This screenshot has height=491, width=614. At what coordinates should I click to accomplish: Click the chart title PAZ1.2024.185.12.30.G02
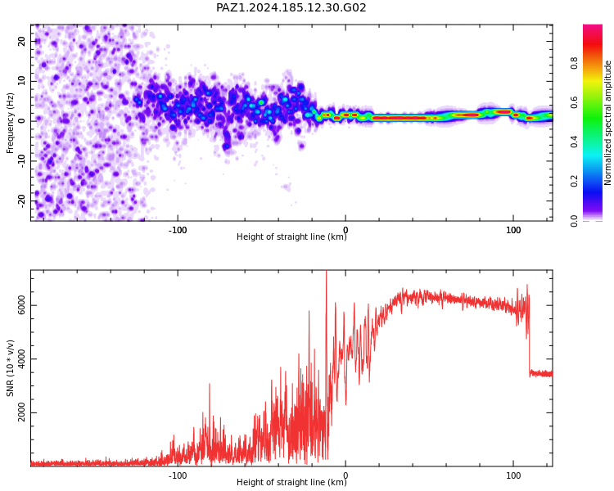coord(291,7)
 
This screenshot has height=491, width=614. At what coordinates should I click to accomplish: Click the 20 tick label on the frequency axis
coord(21,41)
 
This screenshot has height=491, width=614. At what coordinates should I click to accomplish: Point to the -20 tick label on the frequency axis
coord(21,201)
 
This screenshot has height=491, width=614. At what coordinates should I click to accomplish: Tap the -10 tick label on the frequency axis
coord(21,161)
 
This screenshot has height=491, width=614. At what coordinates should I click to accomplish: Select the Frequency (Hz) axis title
coord(10,123)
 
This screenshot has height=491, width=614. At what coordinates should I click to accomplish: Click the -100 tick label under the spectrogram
coord(178,230)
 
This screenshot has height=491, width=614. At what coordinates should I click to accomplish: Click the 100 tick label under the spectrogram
coord(513,230)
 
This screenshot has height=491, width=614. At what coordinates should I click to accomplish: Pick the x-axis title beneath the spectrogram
coord(291,236)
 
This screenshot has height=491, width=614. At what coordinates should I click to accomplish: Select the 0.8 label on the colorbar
coord(574,63)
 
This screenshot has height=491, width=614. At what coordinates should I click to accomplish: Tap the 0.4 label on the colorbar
coord(574,142)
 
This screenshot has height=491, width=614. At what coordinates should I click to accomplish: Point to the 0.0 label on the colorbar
coord(574,221)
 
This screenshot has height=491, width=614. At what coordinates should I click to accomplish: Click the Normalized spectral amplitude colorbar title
coord(607,123)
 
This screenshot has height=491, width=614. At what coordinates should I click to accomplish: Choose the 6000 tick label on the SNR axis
coord(21,305)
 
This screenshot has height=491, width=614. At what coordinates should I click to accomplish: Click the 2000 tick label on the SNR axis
coord(21,412)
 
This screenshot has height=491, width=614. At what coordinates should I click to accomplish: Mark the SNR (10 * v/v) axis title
coord(10,368)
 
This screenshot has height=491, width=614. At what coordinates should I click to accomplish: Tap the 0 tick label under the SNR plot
coord(345,475)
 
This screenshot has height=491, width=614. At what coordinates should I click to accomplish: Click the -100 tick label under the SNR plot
coord(178,475)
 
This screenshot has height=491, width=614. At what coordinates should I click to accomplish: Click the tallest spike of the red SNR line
coord(326,272)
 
